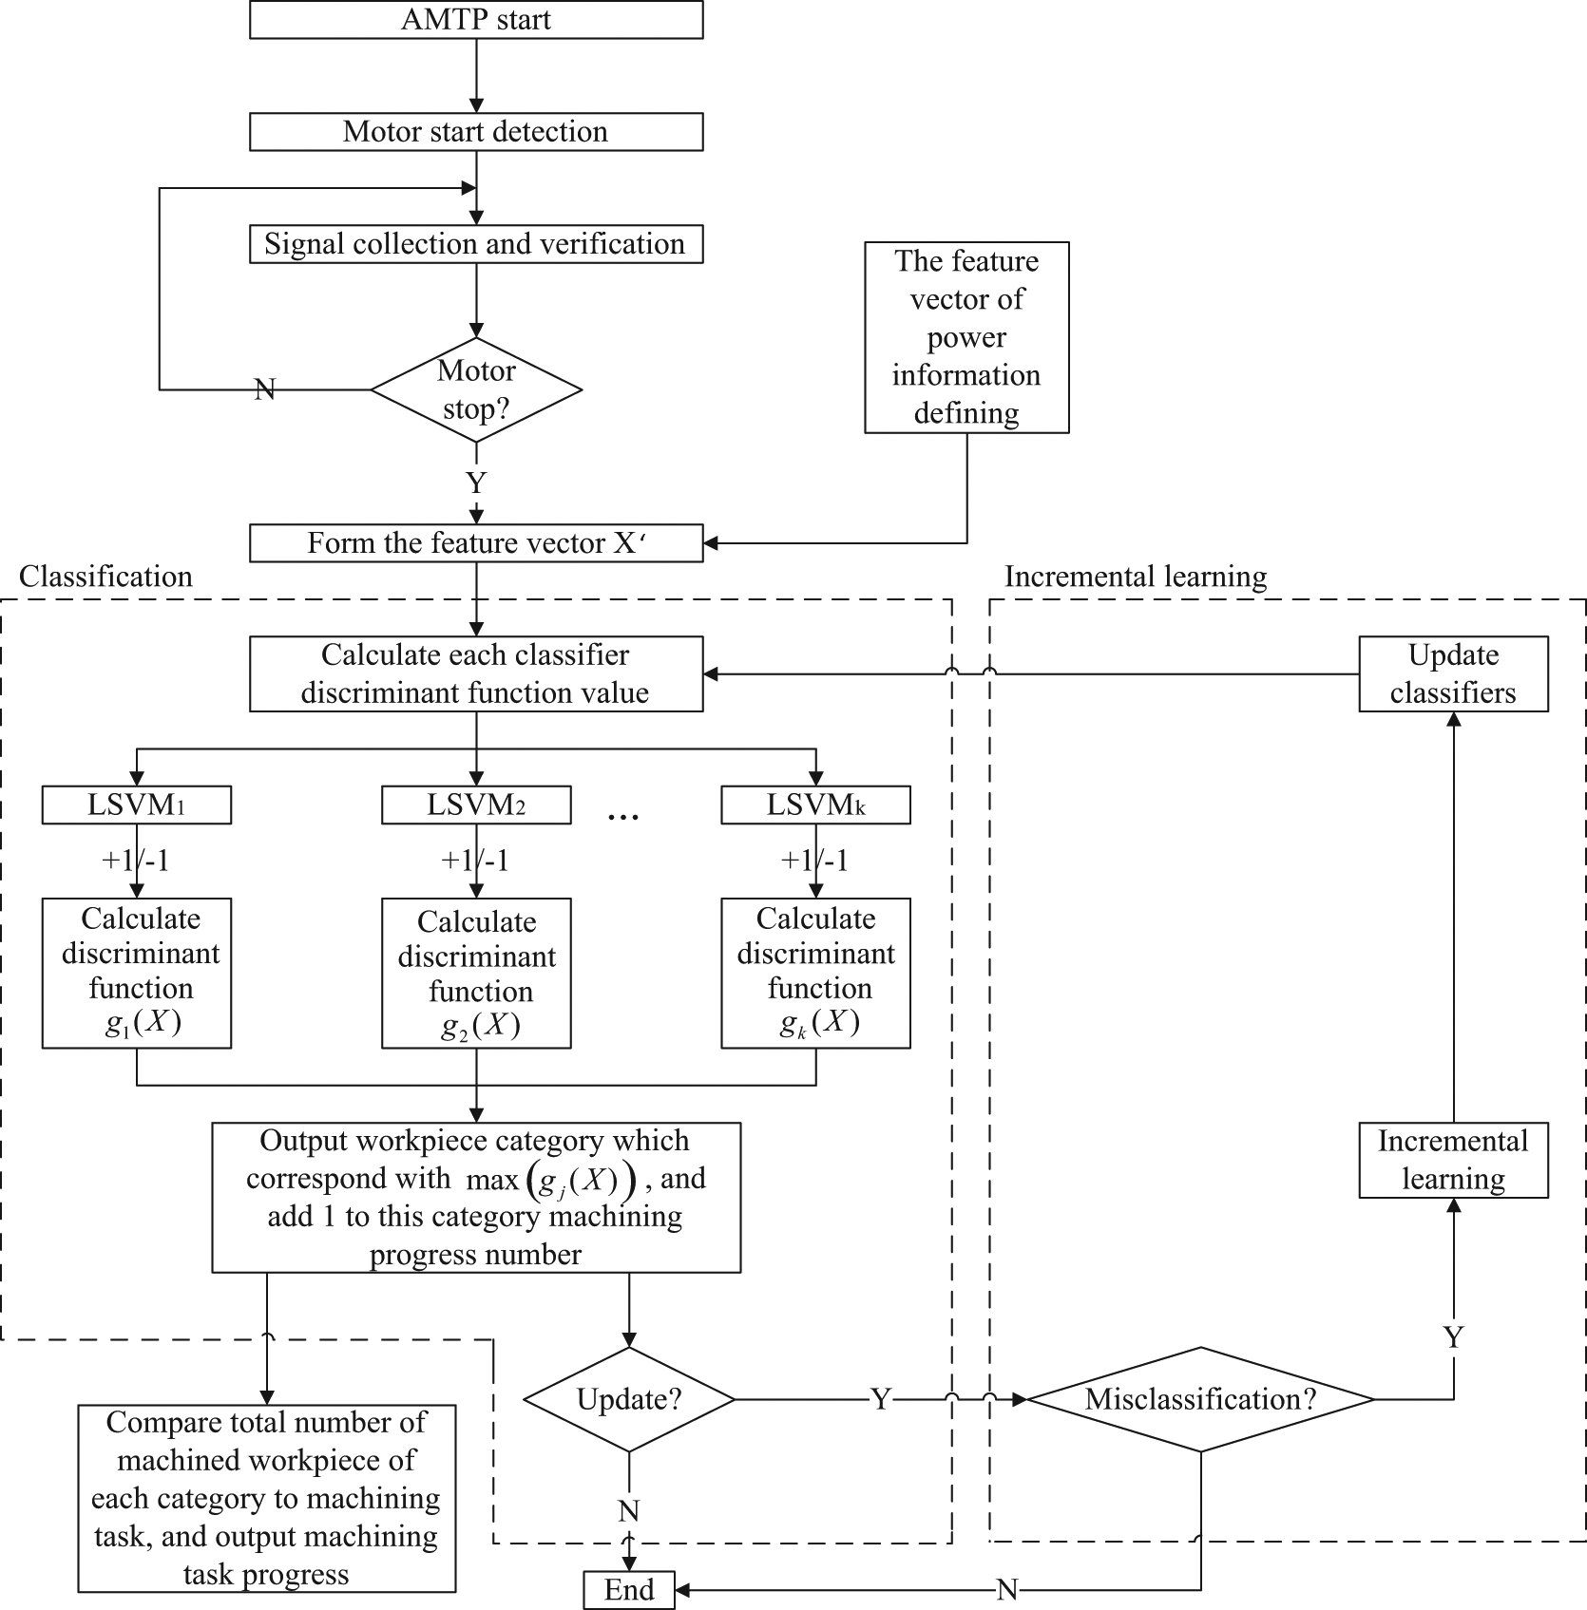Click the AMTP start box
click(x=476, y=20)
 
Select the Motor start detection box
click(x=476, y=132)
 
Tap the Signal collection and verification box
click(x=476, y=244)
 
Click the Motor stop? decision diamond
click(x=476, y=389)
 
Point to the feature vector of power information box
click(x=966, y=337)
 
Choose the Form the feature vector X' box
click(x=476, y=543)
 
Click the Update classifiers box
click(x=1453, y=674)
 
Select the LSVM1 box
click(x=137, y=805)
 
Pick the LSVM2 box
click(x=476, y=805)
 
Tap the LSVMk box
click(x=815, y=805)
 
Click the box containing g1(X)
click(x=137, y=973)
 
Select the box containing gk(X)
click(x=815, y=973)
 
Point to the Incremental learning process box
click(x=1453, y=1160)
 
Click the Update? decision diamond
click(x=629, y=1399)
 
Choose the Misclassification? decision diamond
click(x=1201, y=1399)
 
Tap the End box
click(x=629, y=1589)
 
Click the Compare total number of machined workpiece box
click(x=266, y=1498)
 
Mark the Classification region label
click(x=105, y=577)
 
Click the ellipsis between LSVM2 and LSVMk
click(x=622, y=816)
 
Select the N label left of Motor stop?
click(x=265, y=388)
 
